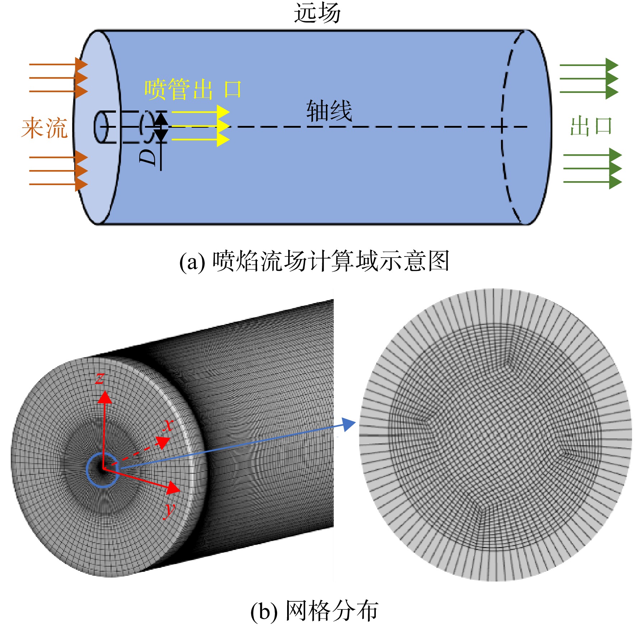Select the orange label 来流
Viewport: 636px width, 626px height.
45,127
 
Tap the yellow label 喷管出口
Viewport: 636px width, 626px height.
193,89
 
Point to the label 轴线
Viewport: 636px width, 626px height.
329,110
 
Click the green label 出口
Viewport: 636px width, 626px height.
591,126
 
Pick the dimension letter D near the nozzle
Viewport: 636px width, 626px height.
148,157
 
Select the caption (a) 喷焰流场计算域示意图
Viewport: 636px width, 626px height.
314,261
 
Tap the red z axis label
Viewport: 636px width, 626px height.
100,378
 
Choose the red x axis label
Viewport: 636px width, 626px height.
168,425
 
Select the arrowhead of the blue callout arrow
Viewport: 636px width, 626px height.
349,424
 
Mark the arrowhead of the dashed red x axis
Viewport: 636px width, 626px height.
164,442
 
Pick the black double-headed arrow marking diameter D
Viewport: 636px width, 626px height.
161,127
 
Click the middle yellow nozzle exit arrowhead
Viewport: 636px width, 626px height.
224,126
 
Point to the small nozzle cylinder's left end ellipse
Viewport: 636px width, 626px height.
101,127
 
